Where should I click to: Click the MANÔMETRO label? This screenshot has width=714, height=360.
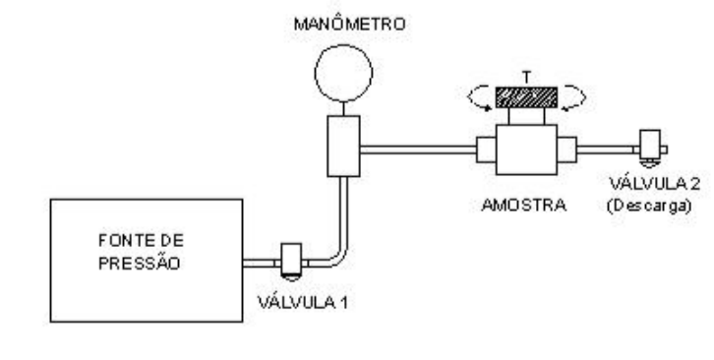pyautogui.click(x=349, y=25)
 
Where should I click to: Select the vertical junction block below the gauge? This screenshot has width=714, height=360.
pyautogui.click(x=343, y=146)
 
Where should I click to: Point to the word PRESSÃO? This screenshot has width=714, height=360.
pyautogui.click(x=140, y=263)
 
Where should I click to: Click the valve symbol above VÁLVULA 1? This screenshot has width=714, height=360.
pyautogui.click(x=291, y=261)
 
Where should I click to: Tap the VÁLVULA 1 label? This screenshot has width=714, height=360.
pyautogui.click(x=303, y=303)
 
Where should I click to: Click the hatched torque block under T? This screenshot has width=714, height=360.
pyautogui.click(x=526, y=97)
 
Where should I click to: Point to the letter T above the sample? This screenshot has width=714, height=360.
pyautogui.click(x=527, y=78)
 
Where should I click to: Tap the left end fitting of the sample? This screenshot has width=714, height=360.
pyautogui.click(x=486, y=150)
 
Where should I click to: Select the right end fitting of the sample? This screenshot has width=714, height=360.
pyautogui.click(x=566, y=150)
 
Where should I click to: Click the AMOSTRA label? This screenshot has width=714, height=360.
pyautogui.click(x=523, y=206)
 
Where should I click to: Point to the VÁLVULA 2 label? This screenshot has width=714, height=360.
pyautogui.click(x=654, y=184)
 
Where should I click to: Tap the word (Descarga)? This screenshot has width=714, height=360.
pyautogui.click(x=649, y=206)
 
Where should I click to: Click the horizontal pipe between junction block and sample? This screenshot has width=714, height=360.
pyautogui.click(x=418, y=150)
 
